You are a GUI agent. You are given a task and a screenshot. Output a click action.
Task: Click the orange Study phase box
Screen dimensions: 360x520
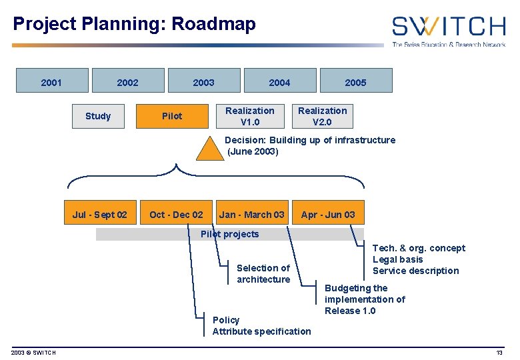98,116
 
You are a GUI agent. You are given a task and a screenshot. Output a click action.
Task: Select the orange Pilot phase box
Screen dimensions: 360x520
172,116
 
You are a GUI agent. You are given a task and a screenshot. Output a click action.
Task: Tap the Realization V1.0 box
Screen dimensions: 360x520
250,116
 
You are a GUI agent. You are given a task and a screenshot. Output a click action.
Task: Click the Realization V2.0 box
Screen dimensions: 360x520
323,116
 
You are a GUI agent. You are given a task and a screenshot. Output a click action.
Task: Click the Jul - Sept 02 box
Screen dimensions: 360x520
100,215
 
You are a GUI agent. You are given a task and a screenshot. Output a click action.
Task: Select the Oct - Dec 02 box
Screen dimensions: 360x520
177,215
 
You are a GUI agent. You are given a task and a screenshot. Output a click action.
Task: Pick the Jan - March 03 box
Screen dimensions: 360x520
252,215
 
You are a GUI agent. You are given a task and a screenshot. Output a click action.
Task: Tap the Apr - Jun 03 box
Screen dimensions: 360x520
328,215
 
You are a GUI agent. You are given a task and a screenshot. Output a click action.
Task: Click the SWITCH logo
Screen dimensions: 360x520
448,30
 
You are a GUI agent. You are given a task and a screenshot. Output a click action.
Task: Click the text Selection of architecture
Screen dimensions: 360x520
263,273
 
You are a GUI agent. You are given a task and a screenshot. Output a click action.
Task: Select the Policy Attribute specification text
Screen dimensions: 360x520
261,326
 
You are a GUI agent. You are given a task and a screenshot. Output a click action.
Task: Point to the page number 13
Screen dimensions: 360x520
499,352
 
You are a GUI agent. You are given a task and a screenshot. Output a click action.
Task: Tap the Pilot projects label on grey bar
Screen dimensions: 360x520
229,234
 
